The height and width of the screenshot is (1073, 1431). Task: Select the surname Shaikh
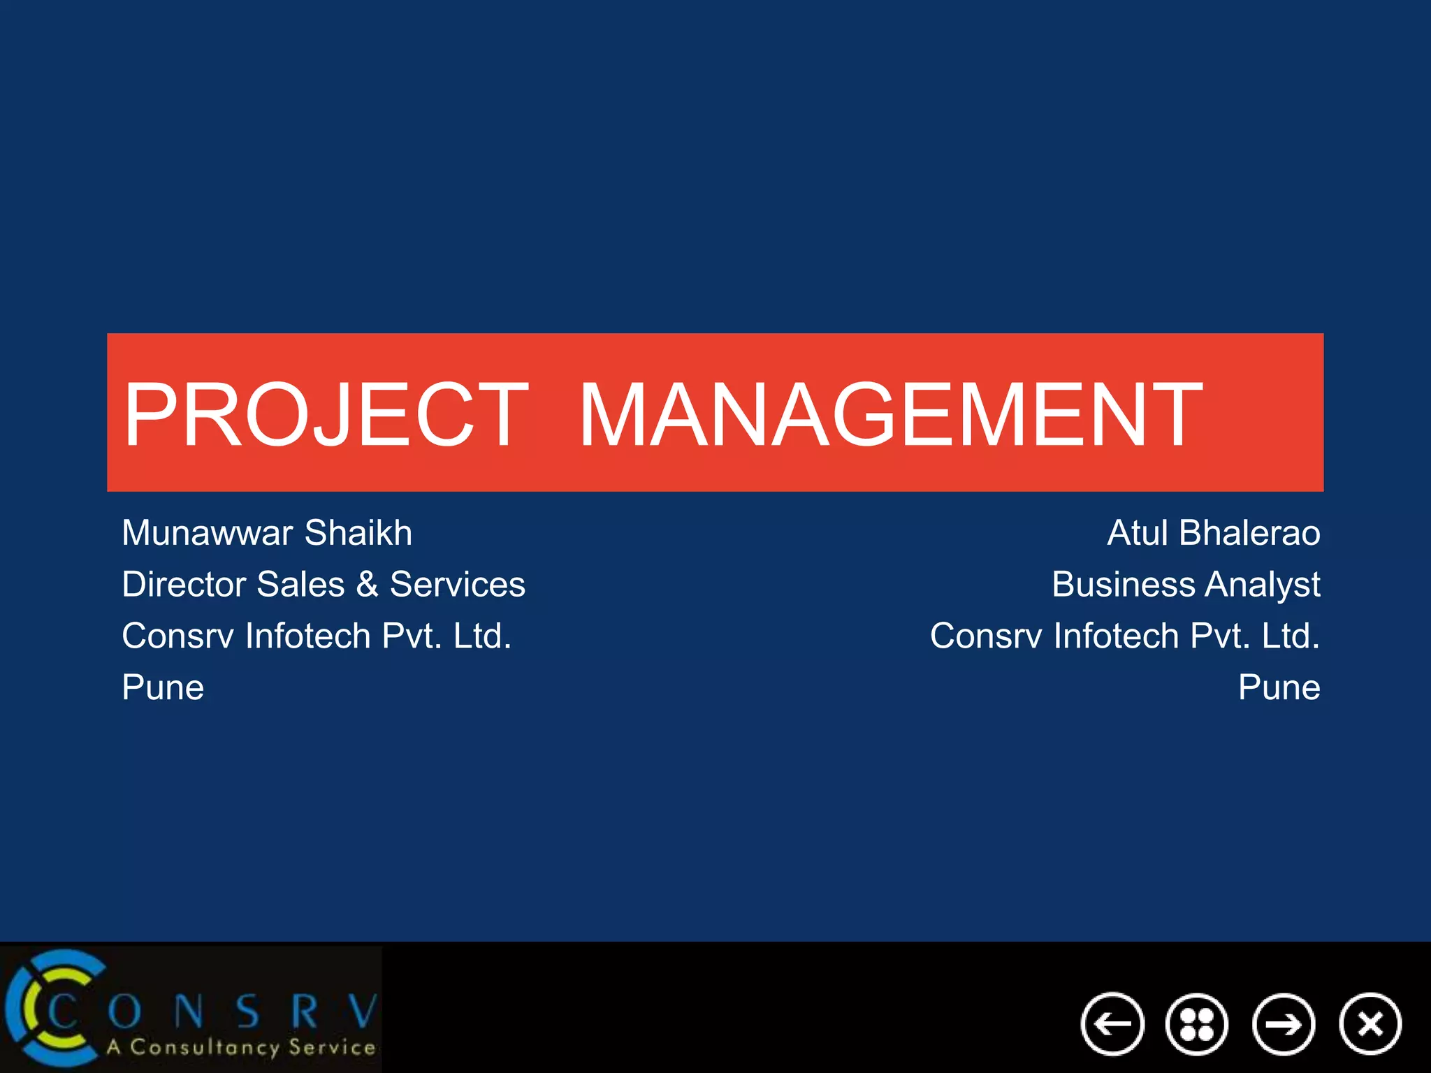coord(358,533)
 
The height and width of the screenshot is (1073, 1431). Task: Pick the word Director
coord(184,584)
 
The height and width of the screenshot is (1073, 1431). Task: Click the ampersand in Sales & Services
coord(367,584)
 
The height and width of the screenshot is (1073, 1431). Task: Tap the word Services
coord(457,584)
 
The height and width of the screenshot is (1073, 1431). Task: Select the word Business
coord(1123,584)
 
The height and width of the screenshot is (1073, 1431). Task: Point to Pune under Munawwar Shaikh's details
coord(163,687)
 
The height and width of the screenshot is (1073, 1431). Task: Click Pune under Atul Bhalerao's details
coord(1279,687)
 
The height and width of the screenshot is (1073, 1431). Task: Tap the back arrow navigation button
coord(1112,1024)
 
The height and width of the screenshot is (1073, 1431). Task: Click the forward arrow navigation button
coord(1284,1024)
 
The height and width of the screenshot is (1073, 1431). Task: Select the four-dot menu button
coord(1197,1024)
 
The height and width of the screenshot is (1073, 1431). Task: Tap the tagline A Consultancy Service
coord(241,1047)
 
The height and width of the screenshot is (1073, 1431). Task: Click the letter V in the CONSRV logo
coord(363,1010)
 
